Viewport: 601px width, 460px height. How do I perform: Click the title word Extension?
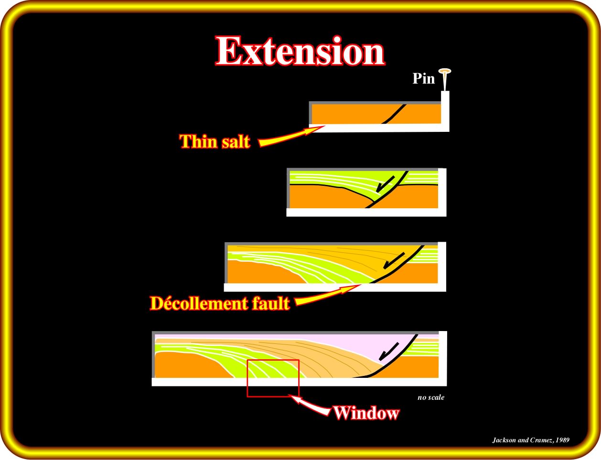tap(300, 51)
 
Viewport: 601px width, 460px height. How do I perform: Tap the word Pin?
tap(423, 78)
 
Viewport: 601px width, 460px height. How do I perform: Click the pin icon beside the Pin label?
tap(445, 79)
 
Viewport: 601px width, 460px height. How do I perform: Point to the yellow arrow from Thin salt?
tap(291, 136)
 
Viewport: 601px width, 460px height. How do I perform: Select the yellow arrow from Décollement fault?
tap(328, 295)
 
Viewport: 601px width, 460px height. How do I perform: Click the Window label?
tap(366, 413)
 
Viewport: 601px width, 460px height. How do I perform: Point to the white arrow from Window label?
tap(310, 405)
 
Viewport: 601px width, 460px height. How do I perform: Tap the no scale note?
tap(431, 397)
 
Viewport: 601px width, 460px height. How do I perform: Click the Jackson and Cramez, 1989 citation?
tap(531, 440)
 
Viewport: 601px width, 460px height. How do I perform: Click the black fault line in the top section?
tap(394, 114)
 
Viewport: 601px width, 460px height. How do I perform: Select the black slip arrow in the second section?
tap(385, 184)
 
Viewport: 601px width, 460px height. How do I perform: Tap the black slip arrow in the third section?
tap(394, 260)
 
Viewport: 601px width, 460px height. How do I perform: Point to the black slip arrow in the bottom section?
tap(389, 352)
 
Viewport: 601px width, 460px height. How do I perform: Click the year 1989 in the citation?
tap(563, 440)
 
